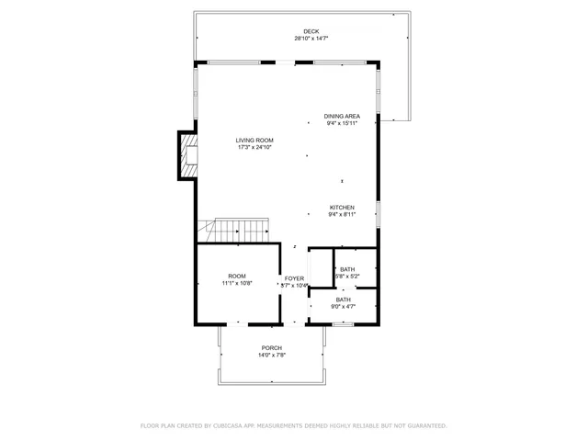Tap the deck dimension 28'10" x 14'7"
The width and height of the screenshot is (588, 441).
pyautogui.click(x=311, y=39)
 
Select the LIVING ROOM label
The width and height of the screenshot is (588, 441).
pyautogui.click(x=255, y=140)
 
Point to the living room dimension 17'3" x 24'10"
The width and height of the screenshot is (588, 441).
pyautogui.click(x=255, y=147)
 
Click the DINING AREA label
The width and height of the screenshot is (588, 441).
pyautogui.click(x=342, y=116)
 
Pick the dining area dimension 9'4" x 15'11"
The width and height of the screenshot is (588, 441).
pyautogui.click(x=342, y=123)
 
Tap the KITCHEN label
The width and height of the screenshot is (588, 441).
pyautogui.click(x=342, y=208)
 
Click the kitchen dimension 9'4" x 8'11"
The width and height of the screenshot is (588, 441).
pyautogui.click(x=342, y=215)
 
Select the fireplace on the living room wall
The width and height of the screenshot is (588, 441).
pyautogui.click(x=189, y=156)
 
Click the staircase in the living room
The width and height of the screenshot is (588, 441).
pyautogui.click(x=241, y=230)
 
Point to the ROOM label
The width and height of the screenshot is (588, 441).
pyautogui.click(x=237, y=276)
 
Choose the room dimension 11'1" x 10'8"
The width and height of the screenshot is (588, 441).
pyautogui.click(x=237, y=283)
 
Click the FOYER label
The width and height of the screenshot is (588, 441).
pyautogui.click(x=294, y=278)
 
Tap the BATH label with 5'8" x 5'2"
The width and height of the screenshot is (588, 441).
pyautogui.click(x=347, y=269)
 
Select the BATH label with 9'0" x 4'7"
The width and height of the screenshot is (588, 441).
pyautogui.click(x=343, y=300)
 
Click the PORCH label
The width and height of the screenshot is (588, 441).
pyautogui.click(x=271, y=347)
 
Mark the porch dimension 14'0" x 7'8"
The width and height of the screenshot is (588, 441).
pyautogui.click(x=271, y=355)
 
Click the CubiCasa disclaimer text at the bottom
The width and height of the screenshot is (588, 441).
pyautogui.click(x=294, y=425)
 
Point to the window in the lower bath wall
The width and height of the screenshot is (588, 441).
pyautogui.click(x=343, y=323)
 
